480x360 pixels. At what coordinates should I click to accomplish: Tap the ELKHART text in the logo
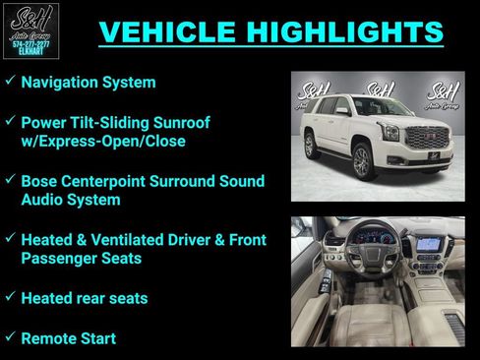31,51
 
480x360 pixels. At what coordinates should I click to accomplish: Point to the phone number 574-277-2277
31,43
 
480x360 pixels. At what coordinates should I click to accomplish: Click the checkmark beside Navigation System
9,82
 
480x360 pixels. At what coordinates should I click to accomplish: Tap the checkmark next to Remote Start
9,337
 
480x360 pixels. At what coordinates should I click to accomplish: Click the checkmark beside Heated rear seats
9,296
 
